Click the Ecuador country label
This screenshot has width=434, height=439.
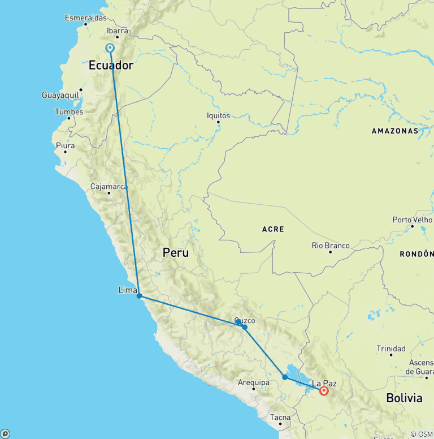tap(111, 66)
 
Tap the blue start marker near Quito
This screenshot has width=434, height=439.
tap(110, 49)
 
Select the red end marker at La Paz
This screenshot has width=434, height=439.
tap(324, 391)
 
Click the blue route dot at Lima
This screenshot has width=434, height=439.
tap(139, 296)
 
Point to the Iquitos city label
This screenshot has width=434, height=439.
tap(219, 115)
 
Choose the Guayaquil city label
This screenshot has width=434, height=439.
tap(60, 95)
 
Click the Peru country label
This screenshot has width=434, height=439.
tap(176, 253)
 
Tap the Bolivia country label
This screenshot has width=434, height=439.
tap(404, 398)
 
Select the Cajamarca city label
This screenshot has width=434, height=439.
tap(109, 187)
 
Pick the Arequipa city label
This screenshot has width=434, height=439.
tap(253, 382)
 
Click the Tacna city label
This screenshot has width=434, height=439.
tap(280, 418)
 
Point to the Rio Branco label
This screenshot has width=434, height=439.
tap(331, 246)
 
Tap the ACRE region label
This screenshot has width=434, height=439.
tap(273, 229)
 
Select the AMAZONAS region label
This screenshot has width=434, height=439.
tap(394, 131)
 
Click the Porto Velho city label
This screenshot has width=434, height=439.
tap(413, 219)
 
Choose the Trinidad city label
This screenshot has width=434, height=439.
tap(391, 348)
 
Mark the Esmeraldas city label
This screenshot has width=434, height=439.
tap(85, 18)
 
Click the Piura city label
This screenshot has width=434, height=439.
tap(65, 145)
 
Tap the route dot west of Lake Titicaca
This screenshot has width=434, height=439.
tap(285, 377)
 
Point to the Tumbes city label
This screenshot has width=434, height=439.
tap(68, 111)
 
